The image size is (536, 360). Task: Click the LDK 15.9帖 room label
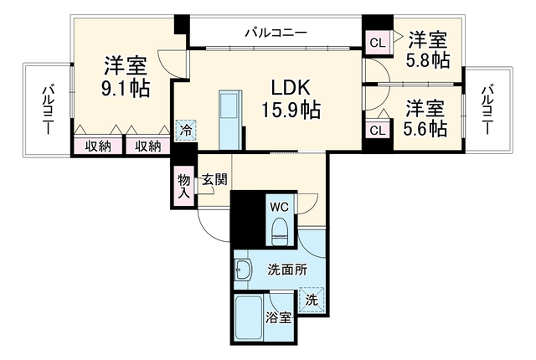291,99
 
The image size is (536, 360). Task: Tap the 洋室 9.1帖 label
126,77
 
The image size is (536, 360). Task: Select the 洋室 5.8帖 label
428,50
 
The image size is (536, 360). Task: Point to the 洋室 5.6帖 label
425,119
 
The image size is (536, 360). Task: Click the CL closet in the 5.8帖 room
378,43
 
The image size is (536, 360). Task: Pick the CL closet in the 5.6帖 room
378,130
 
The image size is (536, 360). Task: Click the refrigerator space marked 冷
186,130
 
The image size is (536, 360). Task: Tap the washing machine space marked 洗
311,300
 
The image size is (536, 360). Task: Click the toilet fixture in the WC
280,231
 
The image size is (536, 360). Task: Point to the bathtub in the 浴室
250,317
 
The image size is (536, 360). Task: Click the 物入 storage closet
184,186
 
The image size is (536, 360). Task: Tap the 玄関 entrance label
214,179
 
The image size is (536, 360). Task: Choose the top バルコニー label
276,33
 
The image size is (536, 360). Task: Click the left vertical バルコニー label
48,111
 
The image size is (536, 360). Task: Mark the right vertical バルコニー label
487,110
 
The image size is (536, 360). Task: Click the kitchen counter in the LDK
230,121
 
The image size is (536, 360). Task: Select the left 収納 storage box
98,147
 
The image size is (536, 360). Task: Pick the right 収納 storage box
148,147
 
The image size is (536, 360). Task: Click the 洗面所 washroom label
287,270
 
